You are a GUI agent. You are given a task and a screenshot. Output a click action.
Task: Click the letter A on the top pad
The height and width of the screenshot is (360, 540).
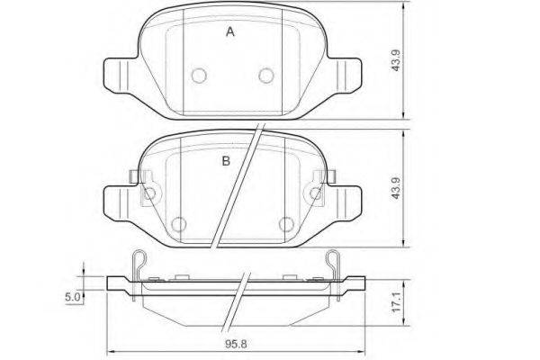pyautogui.click(x=230, y=32)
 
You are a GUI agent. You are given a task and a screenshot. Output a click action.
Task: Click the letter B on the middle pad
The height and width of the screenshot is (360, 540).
pyautogui.click(x=226, y=161)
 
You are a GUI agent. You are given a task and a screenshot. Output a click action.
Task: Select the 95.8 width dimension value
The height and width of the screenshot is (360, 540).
pyautogui.click(x=236, y=344)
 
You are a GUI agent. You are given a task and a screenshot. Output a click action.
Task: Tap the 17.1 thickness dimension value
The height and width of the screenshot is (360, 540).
pyautogui.click(x=397, y=302)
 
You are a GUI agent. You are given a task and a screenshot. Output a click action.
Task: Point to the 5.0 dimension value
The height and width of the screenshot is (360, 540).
pyautogui.click(x=73, y=297)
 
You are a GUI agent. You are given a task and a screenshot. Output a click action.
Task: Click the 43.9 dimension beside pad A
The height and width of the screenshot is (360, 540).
pyautogui.click(x=396, y=60)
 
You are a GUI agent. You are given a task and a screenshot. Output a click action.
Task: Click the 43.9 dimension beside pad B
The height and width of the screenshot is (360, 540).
pyautogui.click(x=396, y=188)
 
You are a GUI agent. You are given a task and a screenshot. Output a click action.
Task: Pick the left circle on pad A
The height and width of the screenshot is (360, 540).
pyautogui.click(x=199, y=76)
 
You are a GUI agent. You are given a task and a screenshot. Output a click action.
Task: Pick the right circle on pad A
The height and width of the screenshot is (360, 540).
pyautogui.click(x=266, y=76)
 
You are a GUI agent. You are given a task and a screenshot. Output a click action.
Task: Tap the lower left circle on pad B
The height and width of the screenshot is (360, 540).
pyautogui.click(x=178, y=225)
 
